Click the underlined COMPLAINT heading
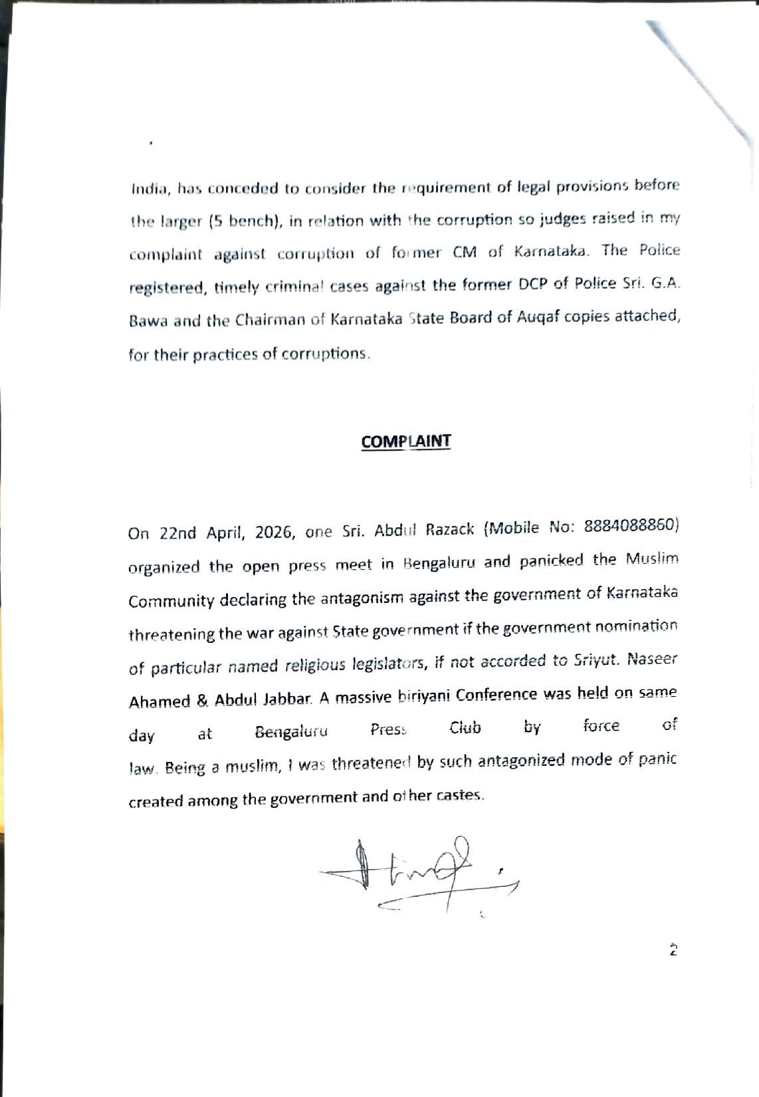click(406, 441)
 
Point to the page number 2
click(673, 950)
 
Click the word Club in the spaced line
click(465, 729)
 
